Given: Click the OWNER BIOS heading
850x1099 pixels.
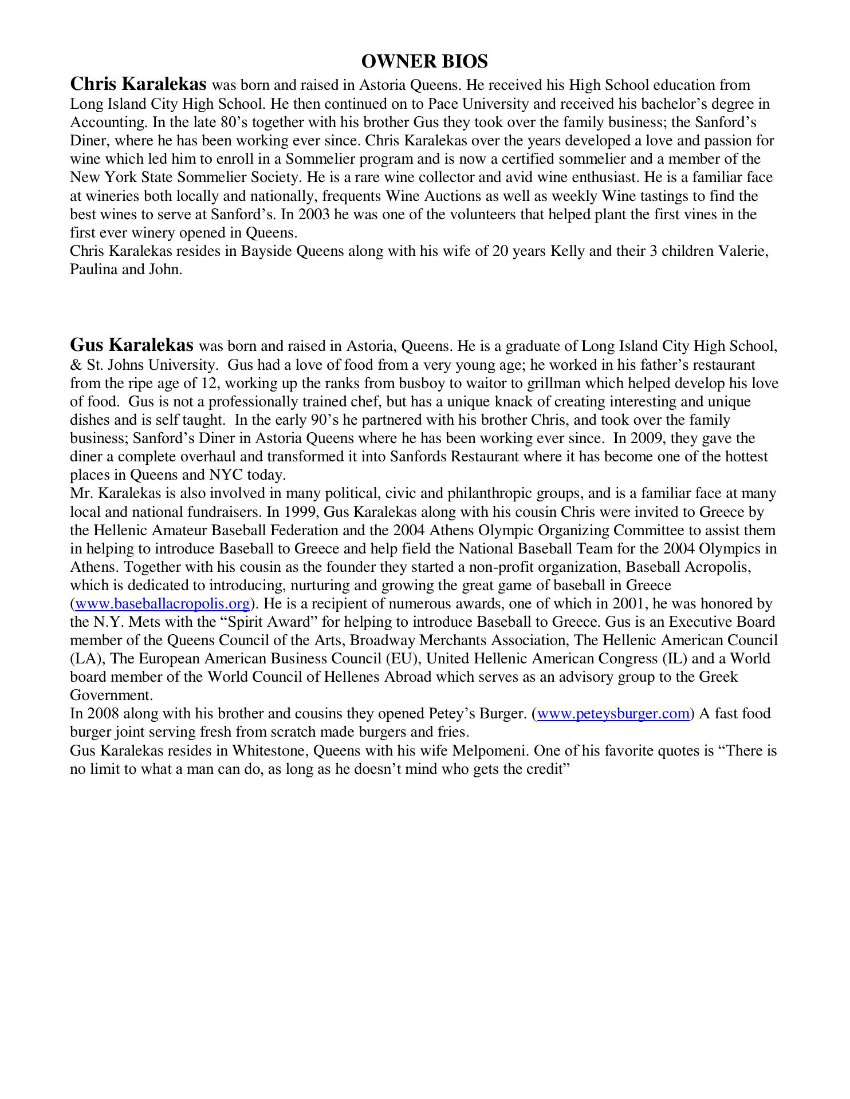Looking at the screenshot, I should tap(424, 61).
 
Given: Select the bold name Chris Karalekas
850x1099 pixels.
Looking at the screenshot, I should tap(138, 84).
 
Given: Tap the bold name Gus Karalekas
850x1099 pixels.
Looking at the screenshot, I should tap(132, 345).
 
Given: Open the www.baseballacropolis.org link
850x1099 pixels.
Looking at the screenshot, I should tap(163, 604).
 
